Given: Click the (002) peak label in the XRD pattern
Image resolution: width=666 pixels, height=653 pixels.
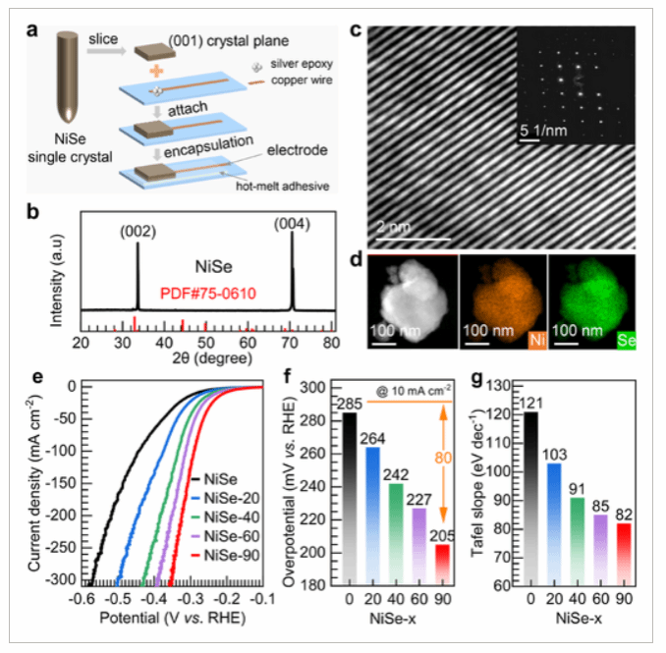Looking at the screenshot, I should [136, 234].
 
